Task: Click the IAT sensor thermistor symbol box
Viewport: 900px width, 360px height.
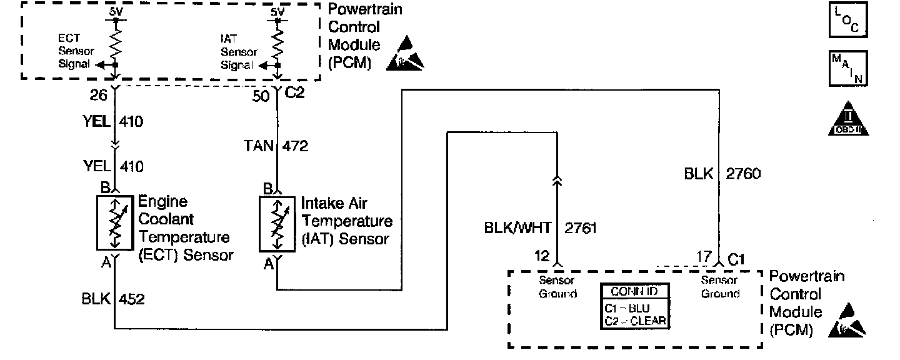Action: pyautogui.click(x=277, y=226)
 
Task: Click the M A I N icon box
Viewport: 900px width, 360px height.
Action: pyautogui.click(x=847, y=69)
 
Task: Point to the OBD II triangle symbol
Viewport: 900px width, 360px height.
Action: pyautogui.click(x=847, y=119)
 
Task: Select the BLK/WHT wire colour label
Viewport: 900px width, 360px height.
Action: pyautogui.click(x=519, y=229)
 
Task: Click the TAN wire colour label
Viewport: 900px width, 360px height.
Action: pyautogui.click(x=258, y=146)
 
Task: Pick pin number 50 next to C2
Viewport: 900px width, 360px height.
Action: pyautogui.click(x=261, y=96)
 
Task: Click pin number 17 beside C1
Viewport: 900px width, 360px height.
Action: pyautogui.click(x=705, y=256)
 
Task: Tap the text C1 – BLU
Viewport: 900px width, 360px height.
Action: pyautogui.click(x=627, y=308)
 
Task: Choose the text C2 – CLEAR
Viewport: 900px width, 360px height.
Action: pyautogui.click(x=635, y=321)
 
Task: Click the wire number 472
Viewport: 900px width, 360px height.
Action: pyautogui.click(x=296, y=146)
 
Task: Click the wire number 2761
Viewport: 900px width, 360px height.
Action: pyautogui.click(x=581, y=229)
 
